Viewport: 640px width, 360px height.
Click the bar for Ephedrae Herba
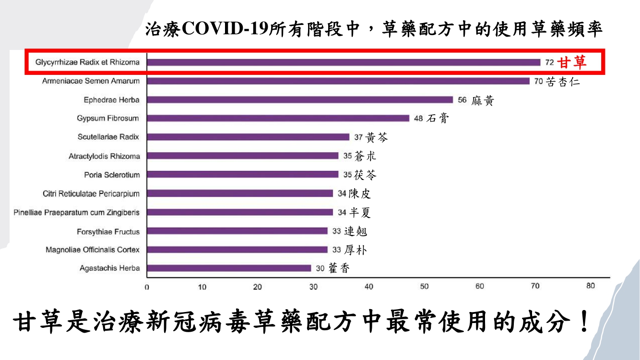click(300, 100)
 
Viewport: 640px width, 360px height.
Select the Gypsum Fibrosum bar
click(278, 119)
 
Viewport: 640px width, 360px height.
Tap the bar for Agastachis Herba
click(229, 268)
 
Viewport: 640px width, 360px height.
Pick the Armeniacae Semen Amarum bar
click(338, 81)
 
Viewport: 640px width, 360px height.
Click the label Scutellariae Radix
click(108, 137)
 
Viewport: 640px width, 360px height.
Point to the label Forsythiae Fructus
click(108, 232)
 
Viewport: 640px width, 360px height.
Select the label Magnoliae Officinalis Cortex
click(93, 250)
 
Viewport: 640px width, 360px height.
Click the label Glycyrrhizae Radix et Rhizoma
click(87, 62)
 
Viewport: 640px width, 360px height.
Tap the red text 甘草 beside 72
click(572, 62)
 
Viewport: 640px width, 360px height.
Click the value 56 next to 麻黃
click(462, 100)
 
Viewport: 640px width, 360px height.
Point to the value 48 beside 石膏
click(418, 119)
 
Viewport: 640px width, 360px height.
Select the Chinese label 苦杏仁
click(563, 82)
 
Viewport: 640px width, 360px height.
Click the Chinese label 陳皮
click(360, 193)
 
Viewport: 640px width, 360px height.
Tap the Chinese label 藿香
click(339, 268)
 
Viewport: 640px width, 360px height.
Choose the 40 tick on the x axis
click(368, 287)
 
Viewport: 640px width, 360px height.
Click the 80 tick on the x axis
click(591, 286)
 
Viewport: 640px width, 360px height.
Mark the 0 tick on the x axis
click(147, 287)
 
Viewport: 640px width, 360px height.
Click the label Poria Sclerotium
click(112, 175)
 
